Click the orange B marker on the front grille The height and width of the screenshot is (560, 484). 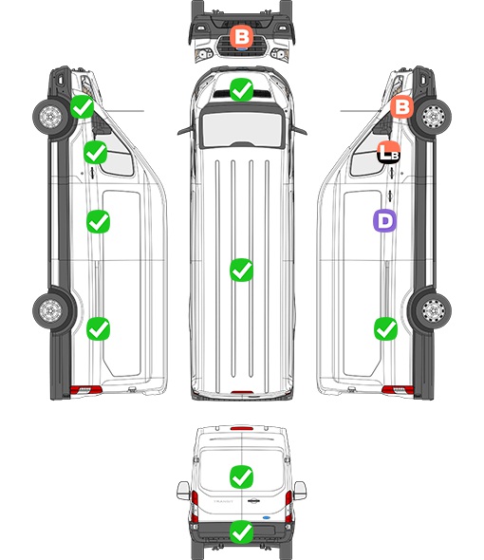point(241,37)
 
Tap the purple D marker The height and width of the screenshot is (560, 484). point(384,221)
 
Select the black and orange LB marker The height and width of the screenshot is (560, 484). point(389,153)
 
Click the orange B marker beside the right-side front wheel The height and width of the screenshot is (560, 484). point(401,107)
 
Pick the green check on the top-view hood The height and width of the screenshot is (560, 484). point(241,89)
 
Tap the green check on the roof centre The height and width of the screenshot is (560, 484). point(241,270)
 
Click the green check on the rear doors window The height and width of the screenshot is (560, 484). point(242,476)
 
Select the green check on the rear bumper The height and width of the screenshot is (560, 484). point(242,532)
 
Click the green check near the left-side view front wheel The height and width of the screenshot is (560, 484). point(83,107)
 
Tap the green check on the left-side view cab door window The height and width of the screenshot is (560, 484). point(95,153)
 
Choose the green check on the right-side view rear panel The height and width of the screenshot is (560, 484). point(385,329)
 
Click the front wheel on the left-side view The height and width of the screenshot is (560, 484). point(50,117)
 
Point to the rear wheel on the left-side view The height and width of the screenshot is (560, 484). point(50,310)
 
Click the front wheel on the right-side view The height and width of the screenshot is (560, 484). point(433,117)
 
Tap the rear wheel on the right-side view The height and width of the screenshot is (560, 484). point(433,310)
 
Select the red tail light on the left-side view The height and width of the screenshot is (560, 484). point(85,390)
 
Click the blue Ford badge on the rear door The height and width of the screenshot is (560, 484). point(267,517)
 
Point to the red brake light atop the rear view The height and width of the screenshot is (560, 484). point(242,428)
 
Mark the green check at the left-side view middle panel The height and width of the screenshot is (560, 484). point(99,222)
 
